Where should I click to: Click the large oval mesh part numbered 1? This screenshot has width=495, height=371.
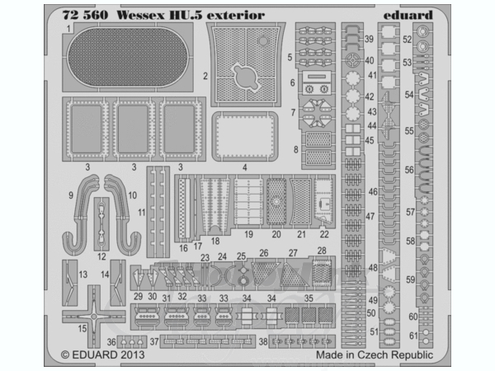pyautogui.click(x=128, y=57)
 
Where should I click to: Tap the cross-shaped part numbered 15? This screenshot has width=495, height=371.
pyautogui.click(x=94, y=316)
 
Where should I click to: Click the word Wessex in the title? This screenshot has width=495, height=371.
pyautogui.click(x=141, y=15)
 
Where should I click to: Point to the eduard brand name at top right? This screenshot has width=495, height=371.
pyautogui.click(x=408, y=15)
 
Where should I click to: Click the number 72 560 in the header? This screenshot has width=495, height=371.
pyautogui.click(x=85, y=15)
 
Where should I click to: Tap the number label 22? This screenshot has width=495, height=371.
pyautogui.click(x=324, y=234)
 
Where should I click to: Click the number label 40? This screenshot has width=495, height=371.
pyautogui.click(x=370, y=60)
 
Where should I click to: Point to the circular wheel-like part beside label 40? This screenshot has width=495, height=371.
pyautogui.click(x=352, y=59)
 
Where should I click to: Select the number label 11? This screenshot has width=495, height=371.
pyautogui.click(x=141, y=213)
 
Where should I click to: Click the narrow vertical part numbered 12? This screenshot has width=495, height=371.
pyautogui.click(x=101, y=224)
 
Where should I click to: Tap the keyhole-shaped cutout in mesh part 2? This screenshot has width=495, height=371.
pyautogui.click(x=247, y=76)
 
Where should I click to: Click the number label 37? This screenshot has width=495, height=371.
pyautogui.click(x=154, y=341)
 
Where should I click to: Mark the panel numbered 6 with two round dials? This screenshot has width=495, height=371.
pyautogui.click(x=316, y=82)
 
